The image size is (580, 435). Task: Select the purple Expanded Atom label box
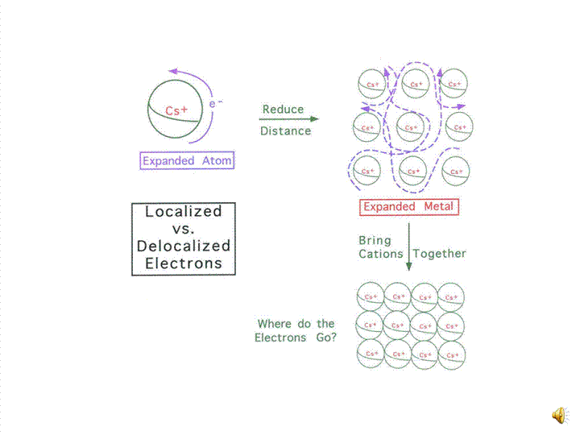[187, 160]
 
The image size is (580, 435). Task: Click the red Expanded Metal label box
[408, 207]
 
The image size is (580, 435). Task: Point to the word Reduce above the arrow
[283, 110]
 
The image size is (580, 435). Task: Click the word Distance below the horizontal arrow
[285, 130]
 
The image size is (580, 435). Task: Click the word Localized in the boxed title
[183, 212]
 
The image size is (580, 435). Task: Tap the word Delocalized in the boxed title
[184, 246]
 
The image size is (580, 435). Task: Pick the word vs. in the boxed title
[184, 229]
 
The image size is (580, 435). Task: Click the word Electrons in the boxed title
[184, 263]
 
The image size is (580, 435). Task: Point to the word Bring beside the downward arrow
[375, 240]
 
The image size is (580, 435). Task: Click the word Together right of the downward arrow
[440, 253]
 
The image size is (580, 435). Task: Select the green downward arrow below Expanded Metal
[408, 246]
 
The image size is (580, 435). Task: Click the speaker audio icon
[558, 415]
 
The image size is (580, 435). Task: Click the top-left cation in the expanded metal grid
[371, 84]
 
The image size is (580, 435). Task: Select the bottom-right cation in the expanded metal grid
[456, 171]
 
